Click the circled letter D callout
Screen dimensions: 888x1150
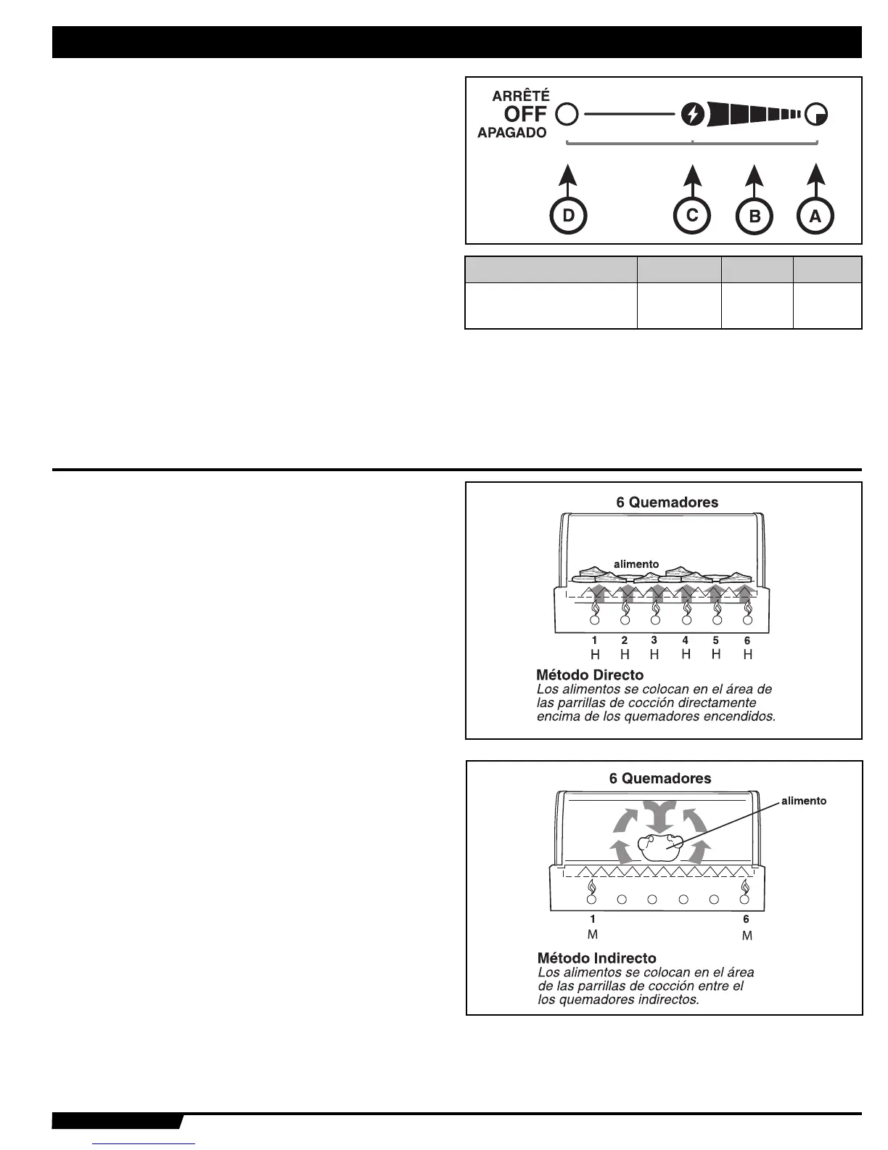(569, 216)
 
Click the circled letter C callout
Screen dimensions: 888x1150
(692, 216)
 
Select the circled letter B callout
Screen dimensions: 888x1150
(755, 216)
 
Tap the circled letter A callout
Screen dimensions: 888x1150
(815, 216)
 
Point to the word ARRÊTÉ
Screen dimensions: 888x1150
(521, 95)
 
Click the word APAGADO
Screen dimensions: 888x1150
(512, 134)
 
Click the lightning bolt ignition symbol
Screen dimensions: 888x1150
(693, 114)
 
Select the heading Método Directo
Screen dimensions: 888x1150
(590, 675)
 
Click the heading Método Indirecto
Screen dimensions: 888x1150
(596, 958)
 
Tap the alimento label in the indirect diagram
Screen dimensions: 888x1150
(803, 801)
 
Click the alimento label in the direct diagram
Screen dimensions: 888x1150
(636, 564)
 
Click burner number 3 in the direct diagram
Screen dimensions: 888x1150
(654, 641)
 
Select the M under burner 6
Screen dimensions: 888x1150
(747, 937)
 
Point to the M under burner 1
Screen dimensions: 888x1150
(593, 935)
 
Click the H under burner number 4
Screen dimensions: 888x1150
(686, 654)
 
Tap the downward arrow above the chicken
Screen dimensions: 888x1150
(660, 817)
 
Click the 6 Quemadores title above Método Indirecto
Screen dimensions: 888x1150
(660, 778)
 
